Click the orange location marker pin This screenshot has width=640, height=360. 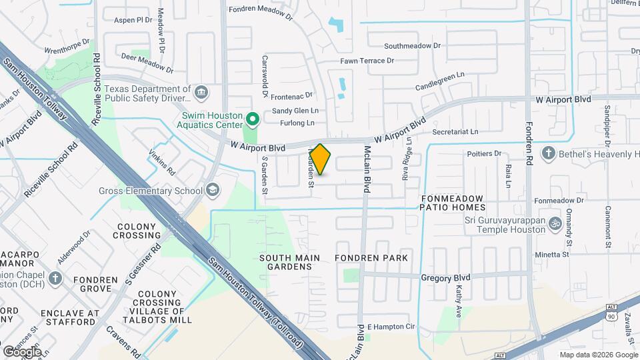point(320,159)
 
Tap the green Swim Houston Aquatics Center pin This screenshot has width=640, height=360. point(252,119)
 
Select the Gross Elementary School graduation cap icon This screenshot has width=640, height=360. point(212,191)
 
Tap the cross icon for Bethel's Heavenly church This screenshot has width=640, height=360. point(548,155)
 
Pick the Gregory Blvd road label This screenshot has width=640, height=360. point(445,277)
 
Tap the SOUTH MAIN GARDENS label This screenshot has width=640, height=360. point(289,262)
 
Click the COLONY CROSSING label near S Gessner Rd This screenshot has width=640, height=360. point(137,231)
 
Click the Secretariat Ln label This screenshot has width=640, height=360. point(455,132)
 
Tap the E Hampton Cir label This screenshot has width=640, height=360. point(391,327)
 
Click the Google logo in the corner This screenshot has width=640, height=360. point(22,351)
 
